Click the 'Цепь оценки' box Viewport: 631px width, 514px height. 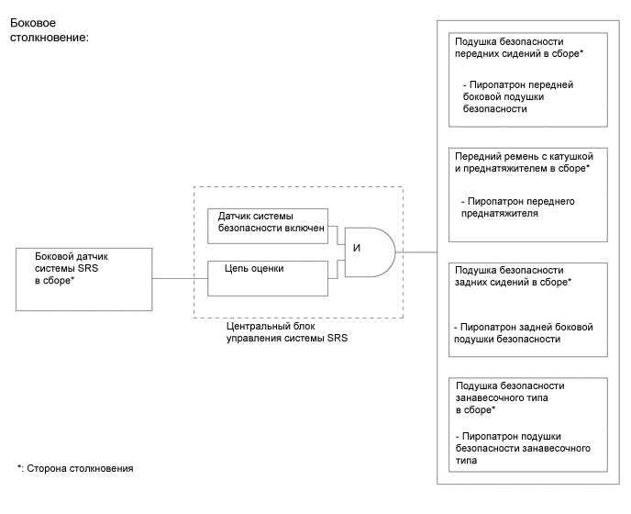(x=268, y=277)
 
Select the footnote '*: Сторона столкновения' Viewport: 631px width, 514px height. (x=75, y=468)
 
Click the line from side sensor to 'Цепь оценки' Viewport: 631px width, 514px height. (x=179, y=278)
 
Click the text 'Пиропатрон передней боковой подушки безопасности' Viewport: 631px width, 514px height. (x=520, y=96)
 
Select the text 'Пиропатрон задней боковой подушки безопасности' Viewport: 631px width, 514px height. (x=525, y=332)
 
